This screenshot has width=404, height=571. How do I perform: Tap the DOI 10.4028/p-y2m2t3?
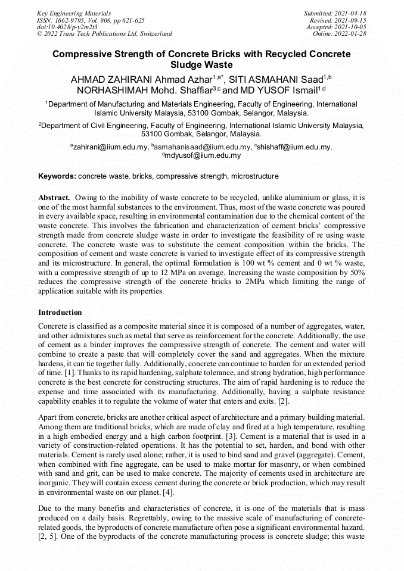[x=67, y=27]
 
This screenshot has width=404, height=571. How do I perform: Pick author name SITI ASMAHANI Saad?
[x=274, y=79]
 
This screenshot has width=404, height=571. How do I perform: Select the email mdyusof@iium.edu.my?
[x=203, y=156]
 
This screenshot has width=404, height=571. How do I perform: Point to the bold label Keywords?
[x=57, y=177]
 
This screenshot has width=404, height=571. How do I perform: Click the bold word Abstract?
[x=55, y=197]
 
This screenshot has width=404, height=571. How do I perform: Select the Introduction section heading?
[x=60, y=313]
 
